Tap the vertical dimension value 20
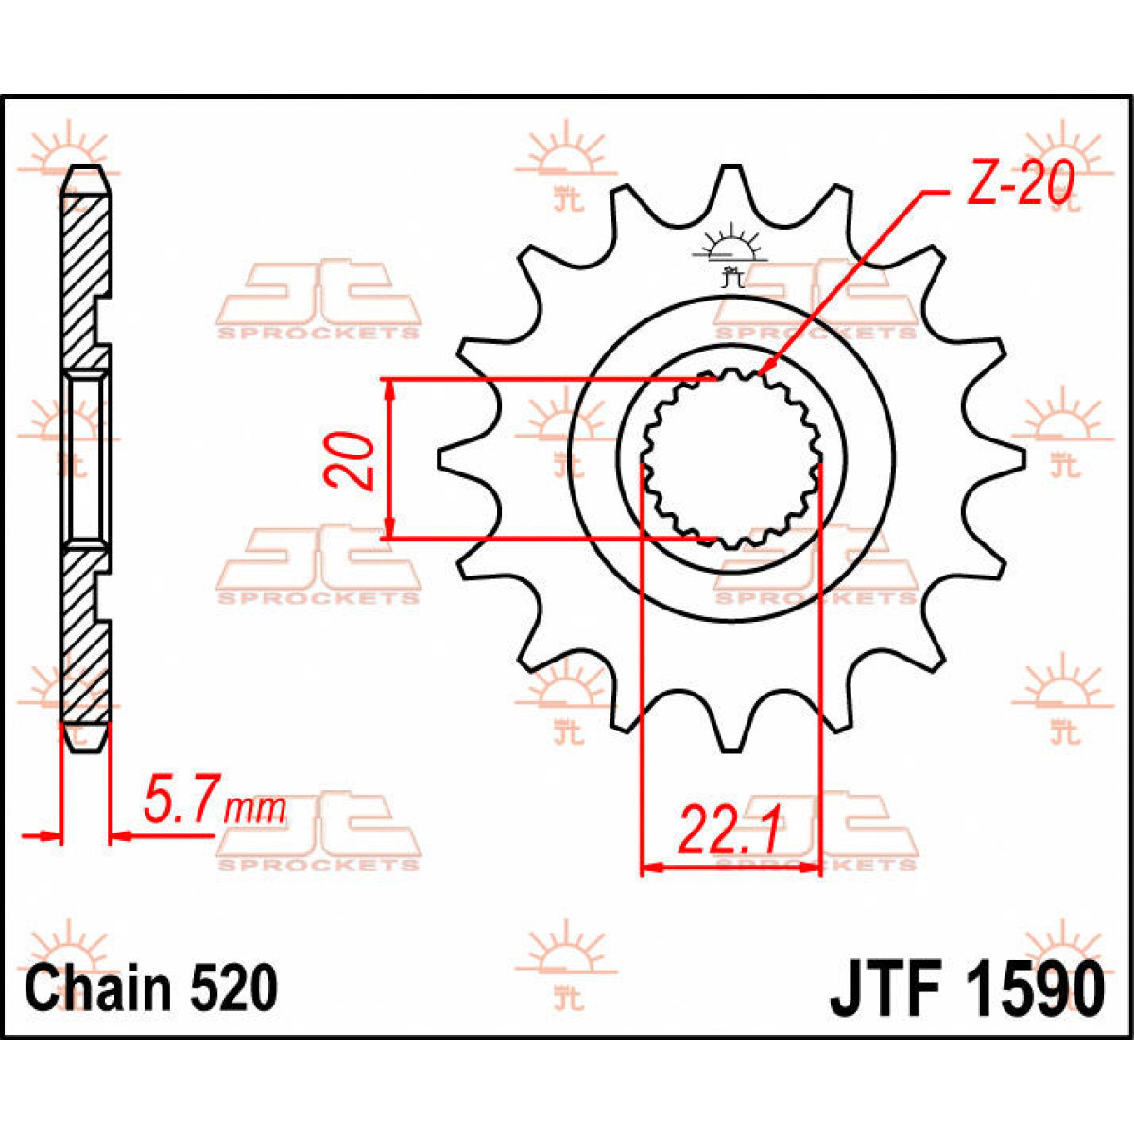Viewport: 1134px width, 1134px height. click(350, 460)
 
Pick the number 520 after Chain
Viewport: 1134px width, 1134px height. click(233, 988)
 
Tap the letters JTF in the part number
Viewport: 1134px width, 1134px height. click(884, 988)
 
